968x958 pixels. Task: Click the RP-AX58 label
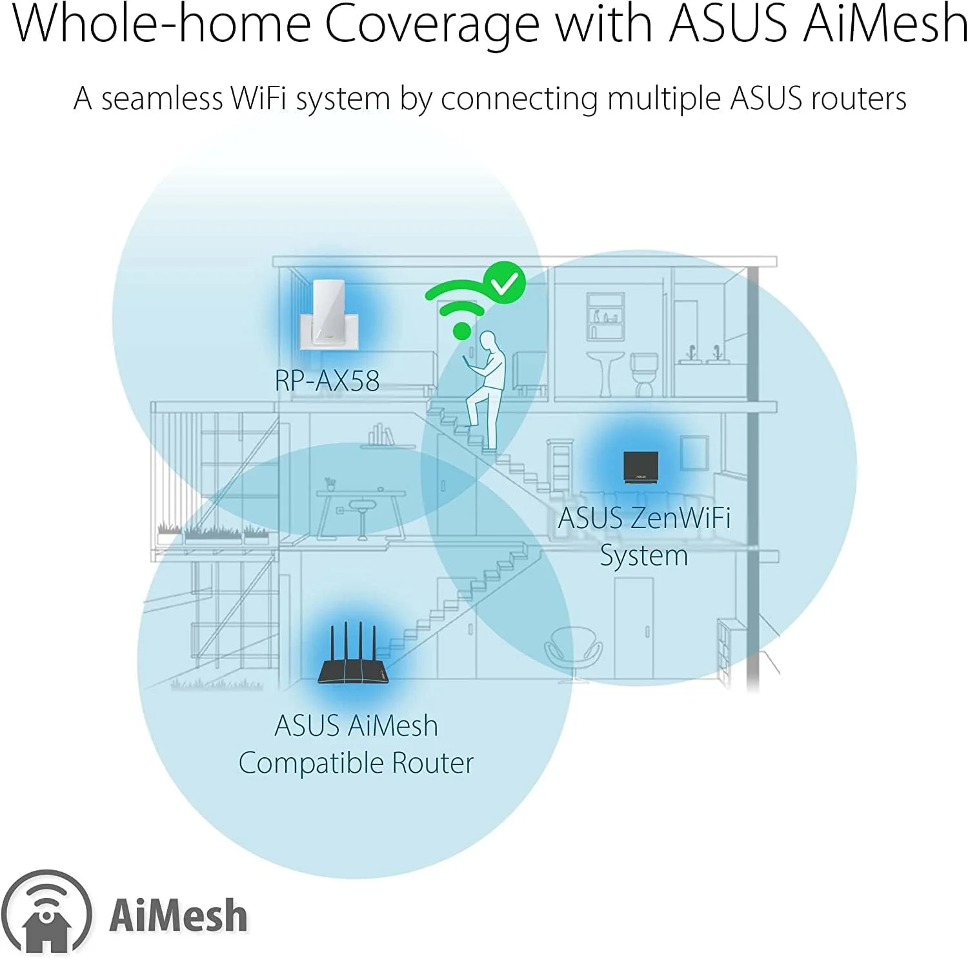coord(327,380)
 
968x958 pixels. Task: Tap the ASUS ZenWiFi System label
coord(644,536)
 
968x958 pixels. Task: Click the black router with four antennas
coord(354,655)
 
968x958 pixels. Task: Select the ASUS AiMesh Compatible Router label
coord(356,744)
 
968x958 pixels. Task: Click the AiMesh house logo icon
coord(46,913)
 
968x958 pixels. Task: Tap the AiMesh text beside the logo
coord(178,915)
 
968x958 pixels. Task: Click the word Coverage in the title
coord(432,25)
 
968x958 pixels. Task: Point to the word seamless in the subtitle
coord(161,99)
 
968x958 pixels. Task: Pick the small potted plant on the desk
coord(330,484)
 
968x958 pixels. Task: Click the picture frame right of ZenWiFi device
coord(694,453)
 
